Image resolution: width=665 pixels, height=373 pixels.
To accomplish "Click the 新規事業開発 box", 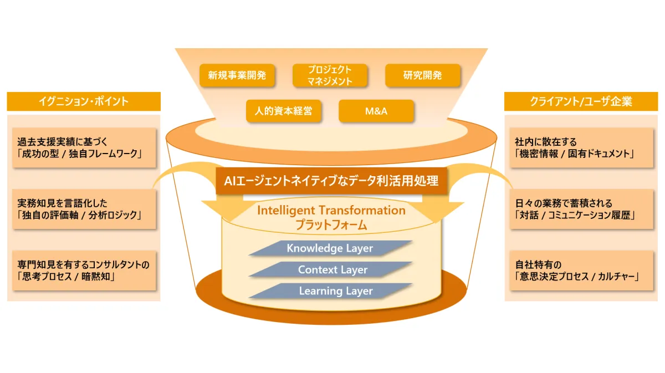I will [237, 75].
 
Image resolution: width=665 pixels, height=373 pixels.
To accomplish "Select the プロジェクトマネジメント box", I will [330, 75].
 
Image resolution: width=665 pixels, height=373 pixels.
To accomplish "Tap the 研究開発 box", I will [423, 75].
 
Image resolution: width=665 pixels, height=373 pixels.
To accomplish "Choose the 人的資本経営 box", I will [284, 111].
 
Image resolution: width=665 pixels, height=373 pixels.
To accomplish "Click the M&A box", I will [376, 111].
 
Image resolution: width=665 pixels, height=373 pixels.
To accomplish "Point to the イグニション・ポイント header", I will [84, 101].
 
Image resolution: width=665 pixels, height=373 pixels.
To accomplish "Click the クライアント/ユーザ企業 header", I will [581, 101].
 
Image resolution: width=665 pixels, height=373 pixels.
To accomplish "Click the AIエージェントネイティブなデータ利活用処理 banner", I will [331, 181].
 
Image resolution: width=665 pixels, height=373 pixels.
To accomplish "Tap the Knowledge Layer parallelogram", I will [330, 248].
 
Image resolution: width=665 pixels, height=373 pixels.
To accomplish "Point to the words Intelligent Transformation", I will [331, 211].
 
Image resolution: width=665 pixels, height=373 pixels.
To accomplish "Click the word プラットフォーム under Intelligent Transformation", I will [331, 226].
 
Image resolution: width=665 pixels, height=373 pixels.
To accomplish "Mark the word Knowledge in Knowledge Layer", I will [315, 248].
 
